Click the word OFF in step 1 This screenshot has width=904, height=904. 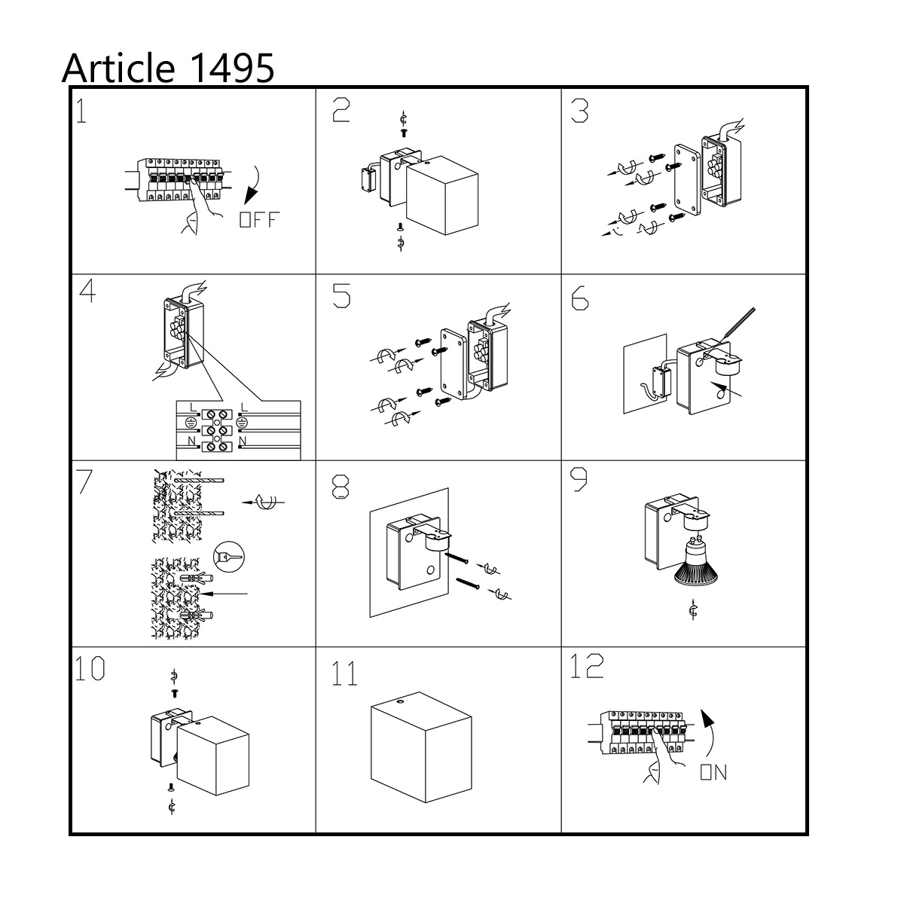(259, 219)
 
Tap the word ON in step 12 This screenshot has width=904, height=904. (713, 772)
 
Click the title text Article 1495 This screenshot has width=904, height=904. (167, 68)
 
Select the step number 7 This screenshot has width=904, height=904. (84, 481)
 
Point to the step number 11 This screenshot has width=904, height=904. (344, 673)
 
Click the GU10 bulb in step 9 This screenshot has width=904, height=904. (695, 560)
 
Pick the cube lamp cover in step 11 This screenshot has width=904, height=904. (421, 747)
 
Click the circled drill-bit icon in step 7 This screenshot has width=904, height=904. (228, 557)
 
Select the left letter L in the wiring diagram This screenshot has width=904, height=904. (194, 408)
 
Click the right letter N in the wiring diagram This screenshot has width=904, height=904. (243, 441)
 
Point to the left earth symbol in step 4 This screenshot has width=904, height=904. (191, 422)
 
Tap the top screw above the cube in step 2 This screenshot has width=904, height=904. (403, 133)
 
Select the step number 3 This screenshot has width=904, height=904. (579, 111)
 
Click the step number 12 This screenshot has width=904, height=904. (586, 666)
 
